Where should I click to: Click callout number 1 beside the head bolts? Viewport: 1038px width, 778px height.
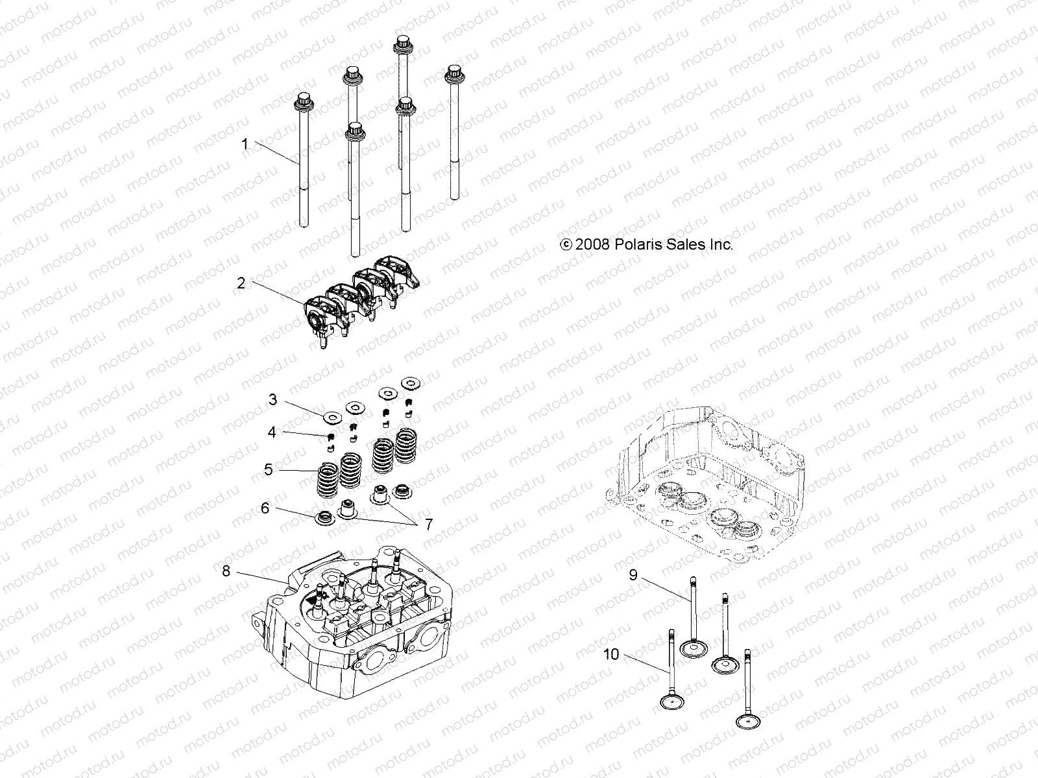tap(245, 143)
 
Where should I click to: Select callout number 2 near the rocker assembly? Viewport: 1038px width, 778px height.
tap(241, 283)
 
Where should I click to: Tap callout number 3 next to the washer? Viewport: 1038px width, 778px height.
tap(272, 399)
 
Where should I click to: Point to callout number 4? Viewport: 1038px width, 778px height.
tap(272, 431)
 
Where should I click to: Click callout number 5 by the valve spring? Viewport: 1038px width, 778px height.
tap(269, 469)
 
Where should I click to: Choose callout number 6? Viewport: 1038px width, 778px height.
tap(265, 508)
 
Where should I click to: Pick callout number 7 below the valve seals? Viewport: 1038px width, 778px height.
tap(428, 525)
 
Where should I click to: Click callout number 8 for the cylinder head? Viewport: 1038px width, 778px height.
tap(226, 571)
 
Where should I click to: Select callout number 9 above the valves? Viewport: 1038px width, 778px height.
tap(633, 574)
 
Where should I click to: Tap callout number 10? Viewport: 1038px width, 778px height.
tap(611, 654)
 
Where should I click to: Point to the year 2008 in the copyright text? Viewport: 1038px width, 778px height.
tap(590, 244)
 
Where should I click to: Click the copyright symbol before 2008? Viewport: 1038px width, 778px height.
tap(566, 245)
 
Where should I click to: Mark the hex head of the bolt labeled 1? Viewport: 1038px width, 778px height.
tap(302, 101)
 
